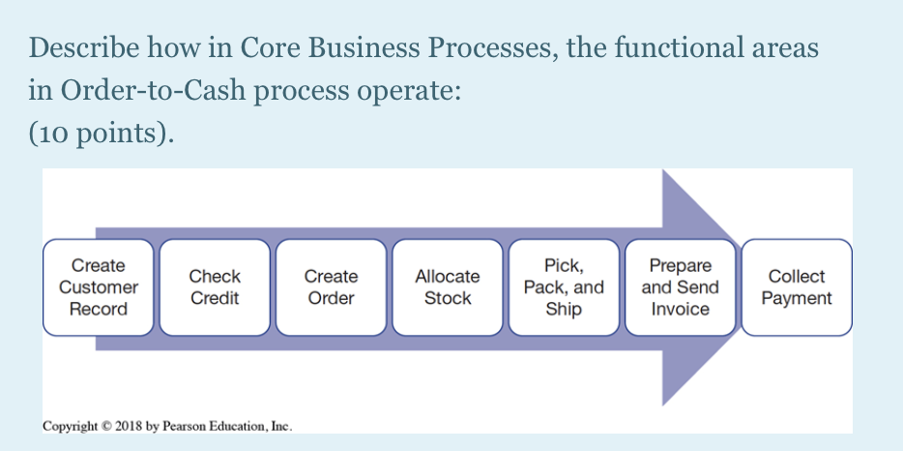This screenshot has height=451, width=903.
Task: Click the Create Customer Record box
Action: click(x=99, y=287)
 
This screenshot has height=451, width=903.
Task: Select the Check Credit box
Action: click(x=215, y=287)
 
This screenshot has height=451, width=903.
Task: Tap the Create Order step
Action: click(x=331, y=287)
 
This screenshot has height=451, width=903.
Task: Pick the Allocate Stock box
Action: click(x=448, y=287)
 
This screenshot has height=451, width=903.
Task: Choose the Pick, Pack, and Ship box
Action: click(x=564, y=287)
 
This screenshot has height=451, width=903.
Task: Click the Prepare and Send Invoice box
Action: click(x=680, y=287)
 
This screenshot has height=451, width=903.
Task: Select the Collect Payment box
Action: click(x=796, y=287)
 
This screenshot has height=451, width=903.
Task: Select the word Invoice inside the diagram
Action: click(x=680, y=310)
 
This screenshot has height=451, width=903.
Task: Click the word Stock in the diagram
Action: click(x=448, y=298)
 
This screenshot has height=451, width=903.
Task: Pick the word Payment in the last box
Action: click(x=796, y=298)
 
